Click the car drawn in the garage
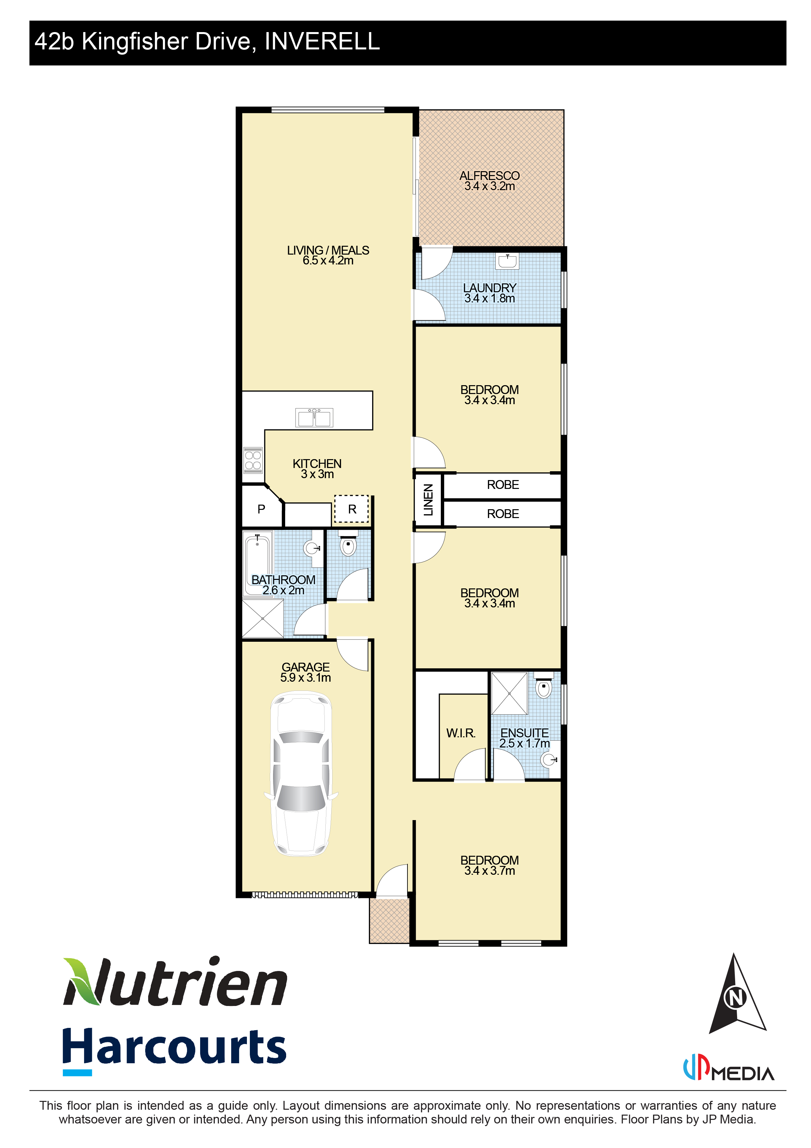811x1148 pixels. point(302,774)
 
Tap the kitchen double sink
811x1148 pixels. point(314,418)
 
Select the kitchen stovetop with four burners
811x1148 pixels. point(253,460)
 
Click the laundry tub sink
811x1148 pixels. point(507,261)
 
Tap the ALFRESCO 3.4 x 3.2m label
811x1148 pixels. point(490,181)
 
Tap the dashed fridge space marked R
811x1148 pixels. point(352,509)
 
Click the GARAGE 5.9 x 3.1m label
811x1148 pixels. point(305,673)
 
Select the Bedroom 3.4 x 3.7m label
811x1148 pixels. point(490,866)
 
